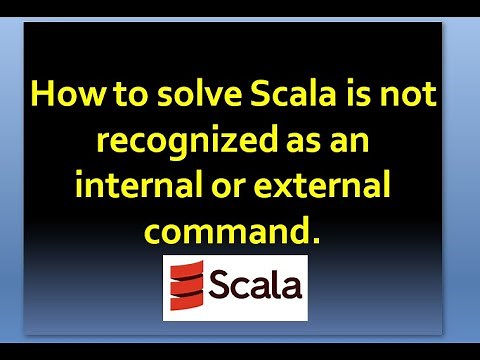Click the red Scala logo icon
[186, 286]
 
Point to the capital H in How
[43, 97]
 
